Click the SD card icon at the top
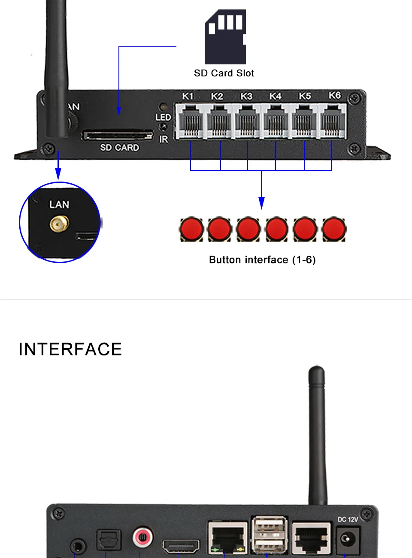[225, 37]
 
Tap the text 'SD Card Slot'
[224, 73]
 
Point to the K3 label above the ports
[246, 96]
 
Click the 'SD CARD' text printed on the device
[120, 148]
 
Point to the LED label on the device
[163, 117]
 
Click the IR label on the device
[164, 139]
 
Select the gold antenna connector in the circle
[59, 224]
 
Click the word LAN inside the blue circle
[59, 205]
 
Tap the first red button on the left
[191, 229]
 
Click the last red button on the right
[333, 229]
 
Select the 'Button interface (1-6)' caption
[262, 260]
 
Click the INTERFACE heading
[70, 349]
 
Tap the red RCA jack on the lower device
[143, 537]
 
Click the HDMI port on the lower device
[181, 546]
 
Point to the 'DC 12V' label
[348, 519]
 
